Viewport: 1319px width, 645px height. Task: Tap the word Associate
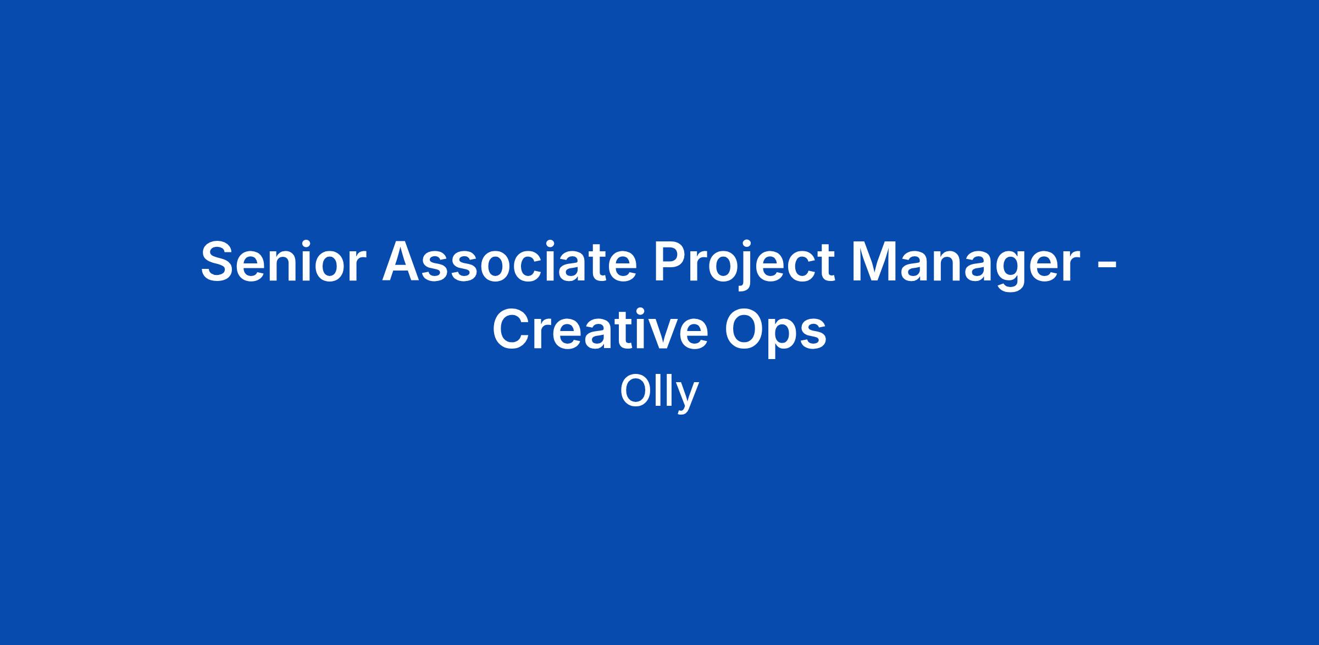tap(510, 262)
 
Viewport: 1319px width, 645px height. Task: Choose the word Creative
tap(600, 329)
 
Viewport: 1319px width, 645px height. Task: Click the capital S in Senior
tap(219, 262)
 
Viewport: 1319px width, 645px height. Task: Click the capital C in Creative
tap(512, 329)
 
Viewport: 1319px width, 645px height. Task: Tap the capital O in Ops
tap(745, 329)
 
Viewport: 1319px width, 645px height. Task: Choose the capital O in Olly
tap(635, 392)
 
